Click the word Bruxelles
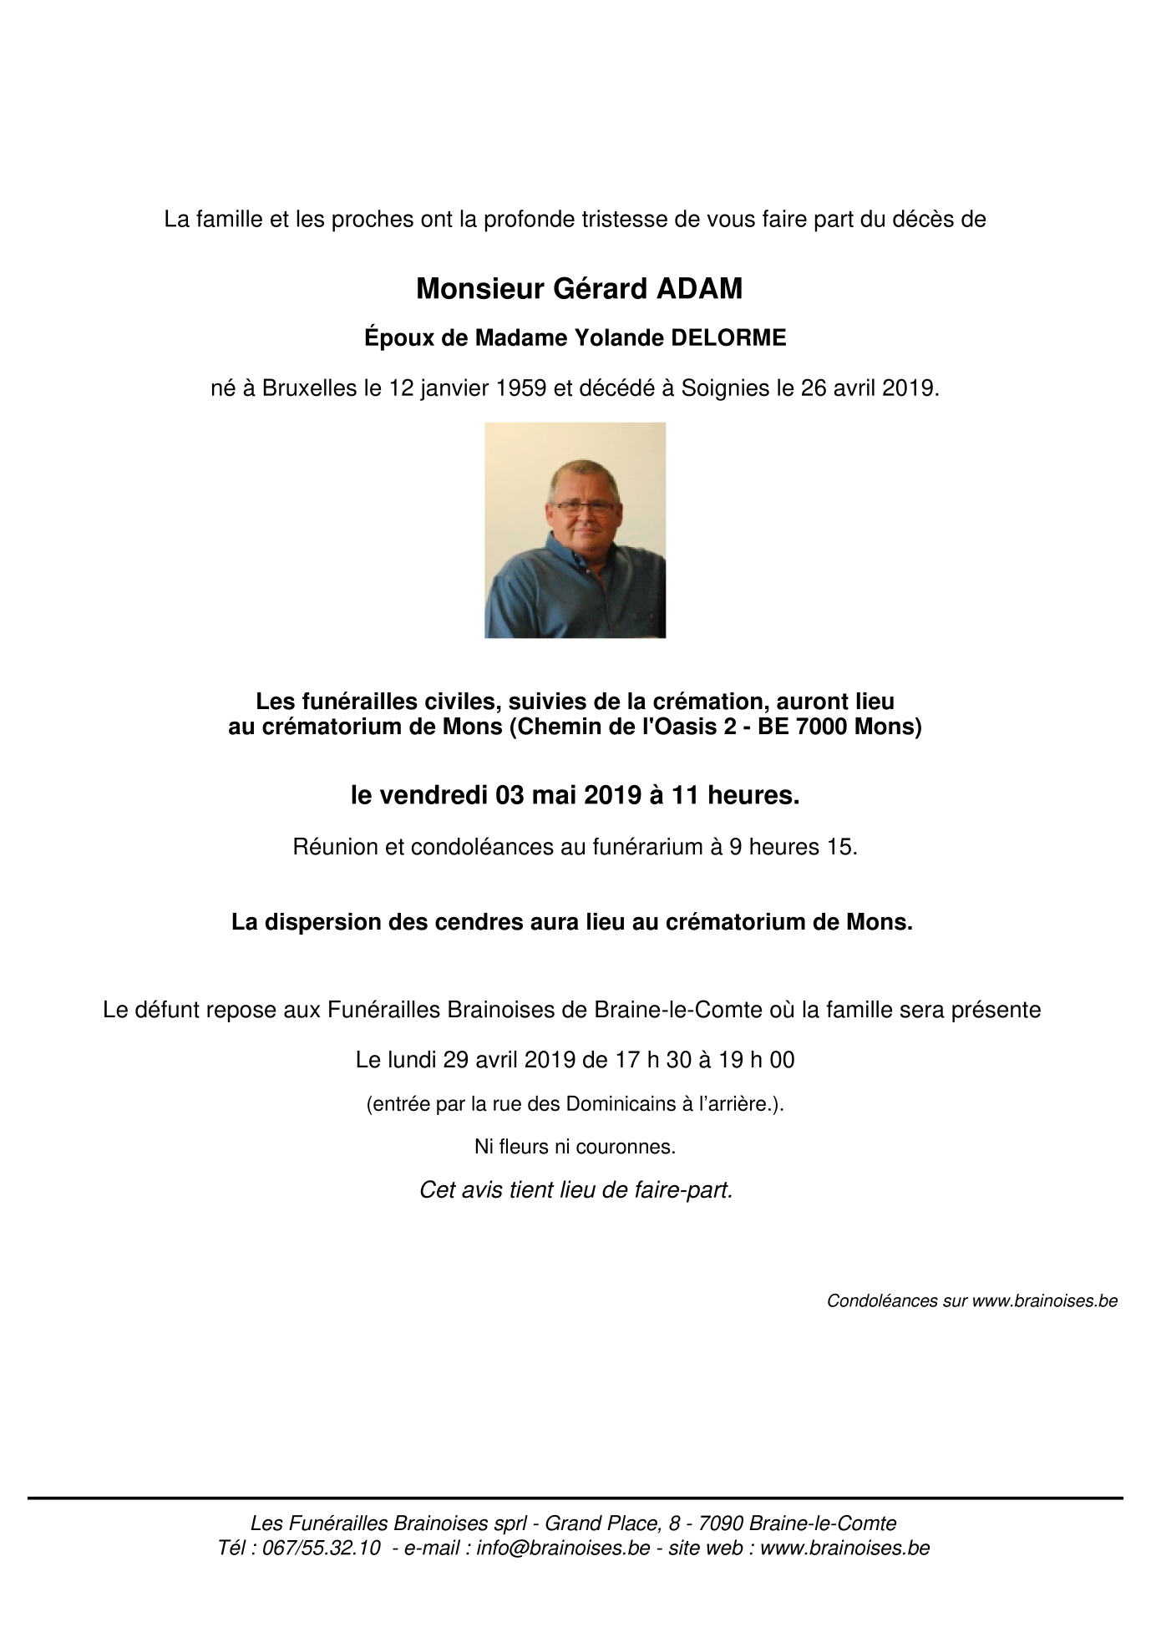click(x=309, y=388)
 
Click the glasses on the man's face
click(x=584, y=507)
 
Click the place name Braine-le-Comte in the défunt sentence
click(x=678, y=1011)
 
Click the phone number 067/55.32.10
click(x=322, y=1548)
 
